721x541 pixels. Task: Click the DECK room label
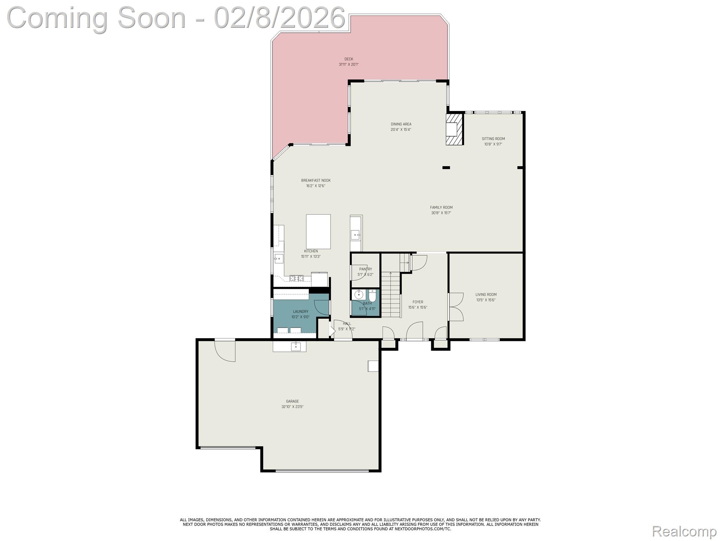point(349,59)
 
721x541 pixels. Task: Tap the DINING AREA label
point(401,124)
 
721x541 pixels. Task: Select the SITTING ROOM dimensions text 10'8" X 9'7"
point(493,144)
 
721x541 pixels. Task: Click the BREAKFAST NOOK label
point(316,180)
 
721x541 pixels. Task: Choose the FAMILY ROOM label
point(441,207)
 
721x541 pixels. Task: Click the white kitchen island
point(318,231)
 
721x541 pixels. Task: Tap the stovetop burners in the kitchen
point(296,278)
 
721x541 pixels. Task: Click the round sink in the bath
point(359,294)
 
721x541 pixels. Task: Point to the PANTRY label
point(365,269)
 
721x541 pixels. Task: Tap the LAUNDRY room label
point(300,311)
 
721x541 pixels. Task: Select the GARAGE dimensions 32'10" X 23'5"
point(292,407)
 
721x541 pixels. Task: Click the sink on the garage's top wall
point(296,346)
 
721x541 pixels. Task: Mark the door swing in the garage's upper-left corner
point(225,351)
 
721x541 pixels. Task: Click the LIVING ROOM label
point(486,294)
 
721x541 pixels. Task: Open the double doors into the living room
point(456,307)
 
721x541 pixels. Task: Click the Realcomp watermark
point(684,531)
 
